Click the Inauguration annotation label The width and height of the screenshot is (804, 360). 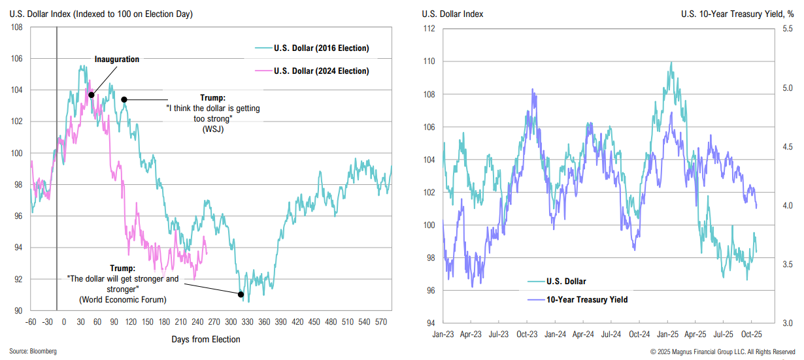pyautogui.click(x=116, y=59)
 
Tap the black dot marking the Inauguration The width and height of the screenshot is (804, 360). pyautogui.click(x=92, y=95)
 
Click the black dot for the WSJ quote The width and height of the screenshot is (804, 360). pyautogui.click(x=124, y=100)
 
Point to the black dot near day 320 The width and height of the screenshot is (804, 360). pyautogui.click(x=241, y=294)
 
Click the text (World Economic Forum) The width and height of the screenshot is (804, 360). pyautogui.click(x=122, y=300)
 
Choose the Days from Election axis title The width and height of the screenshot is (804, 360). pyautogui.click(x=206, y=339)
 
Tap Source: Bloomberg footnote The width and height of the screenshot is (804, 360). pyautogui.click(x=33, y=352)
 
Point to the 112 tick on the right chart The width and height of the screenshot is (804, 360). pyautogui.click(x=429, y=29)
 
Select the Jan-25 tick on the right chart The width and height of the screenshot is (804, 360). pyautogui.click(x=667, y=334)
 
